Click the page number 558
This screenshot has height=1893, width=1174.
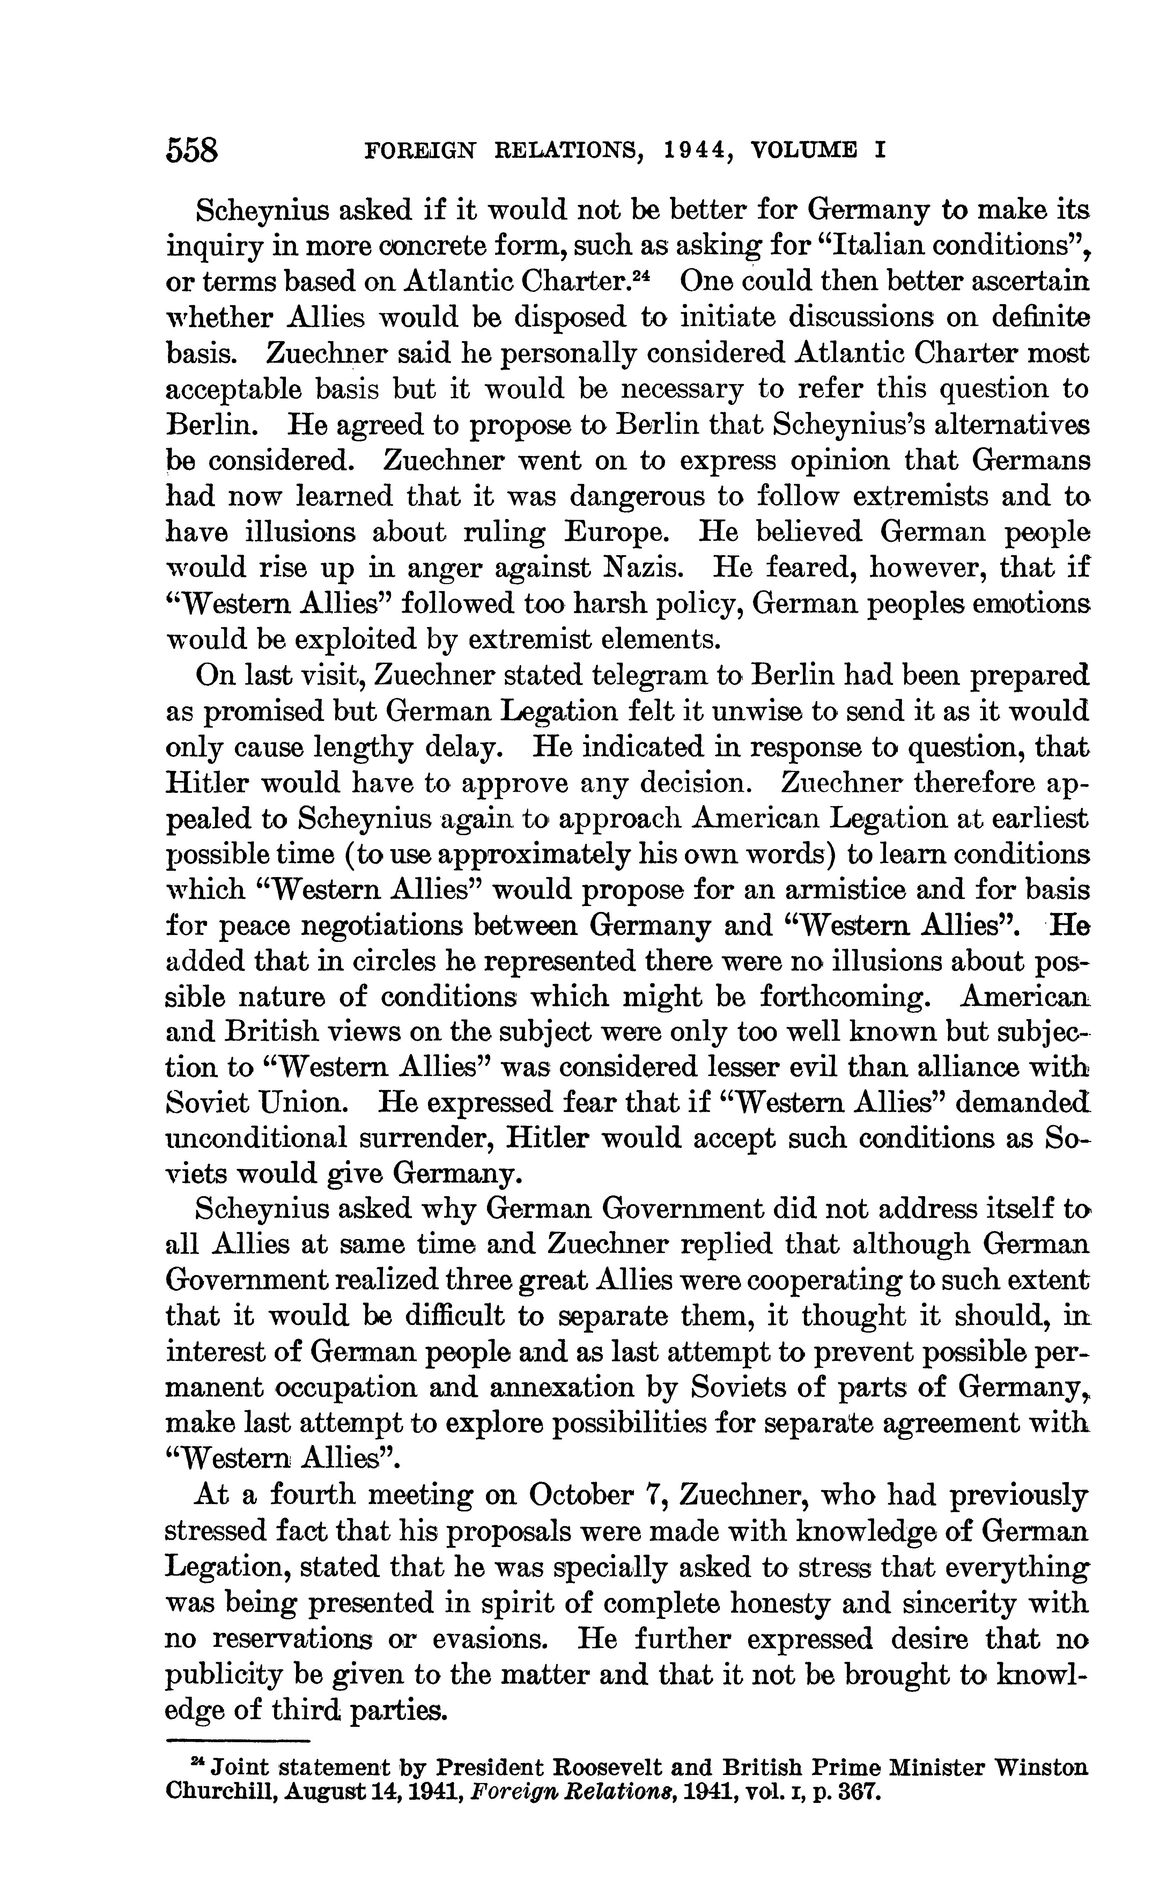click(x=193, y=149)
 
